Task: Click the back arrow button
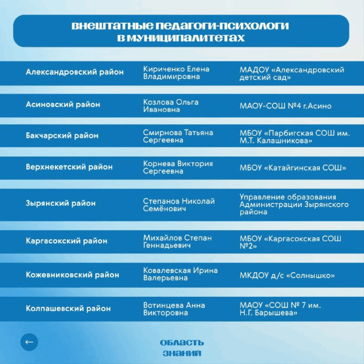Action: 29,342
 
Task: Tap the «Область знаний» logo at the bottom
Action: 182,347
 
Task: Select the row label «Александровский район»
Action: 74,73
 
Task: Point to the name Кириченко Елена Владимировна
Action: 176,73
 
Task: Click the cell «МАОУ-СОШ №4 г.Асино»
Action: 285,106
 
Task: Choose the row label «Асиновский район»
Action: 63,105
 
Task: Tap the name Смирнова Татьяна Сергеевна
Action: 178,136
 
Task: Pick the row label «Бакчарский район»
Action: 62,136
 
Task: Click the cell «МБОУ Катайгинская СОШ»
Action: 293,168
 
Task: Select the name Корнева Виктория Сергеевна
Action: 178,167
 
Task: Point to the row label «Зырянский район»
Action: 61,203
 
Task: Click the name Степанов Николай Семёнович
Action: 179,205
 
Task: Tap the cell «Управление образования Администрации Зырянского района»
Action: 294,205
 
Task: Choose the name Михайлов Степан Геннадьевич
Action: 177,241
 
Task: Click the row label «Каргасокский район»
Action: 66,241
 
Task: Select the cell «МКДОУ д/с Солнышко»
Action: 287,275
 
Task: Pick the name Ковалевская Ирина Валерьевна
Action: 181,274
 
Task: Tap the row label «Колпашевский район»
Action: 68,309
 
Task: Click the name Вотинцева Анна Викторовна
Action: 174,309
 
